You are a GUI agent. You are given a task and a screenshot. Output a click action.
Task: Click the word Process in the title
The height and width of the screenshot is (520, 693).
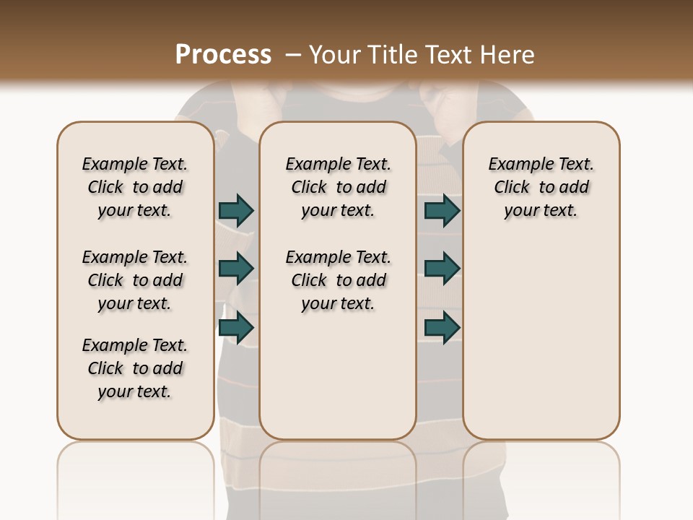223,54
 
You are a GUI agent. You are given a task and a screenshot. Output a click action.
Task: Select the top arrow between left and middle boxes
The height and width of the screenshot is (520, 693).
236,210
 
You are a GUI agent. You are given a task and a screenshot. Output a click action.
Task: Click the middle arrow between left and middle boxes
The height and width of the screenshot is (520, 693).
236,269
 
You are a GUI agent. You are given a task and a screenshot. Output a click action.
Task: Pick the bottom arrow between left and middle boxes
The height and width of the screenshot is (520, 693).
236,328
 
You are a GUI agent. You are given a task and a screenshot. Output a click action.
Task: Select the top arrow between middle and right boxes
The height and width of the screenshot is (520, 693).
442,210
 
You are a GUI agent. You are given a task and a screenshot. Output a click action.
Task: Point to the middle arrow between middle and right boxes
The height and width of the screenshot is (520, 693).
442,269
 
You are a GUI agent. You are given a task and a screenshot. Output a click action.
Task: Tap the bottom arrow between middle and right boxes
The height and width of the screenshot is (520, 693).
442,328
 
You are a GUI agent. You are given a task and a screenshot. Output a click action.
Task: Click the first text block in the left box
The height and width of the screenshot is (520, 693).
135,187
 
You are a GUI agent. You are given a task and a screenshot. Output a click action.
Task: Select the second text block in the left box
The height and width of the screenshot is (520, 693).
135,280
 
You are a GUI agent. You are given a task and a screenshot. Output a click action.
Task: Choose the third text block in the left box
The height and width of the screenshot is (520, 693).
135,368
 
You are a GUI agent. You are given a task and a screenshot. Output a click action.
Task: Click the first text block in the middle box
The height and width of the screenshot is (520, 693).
338,187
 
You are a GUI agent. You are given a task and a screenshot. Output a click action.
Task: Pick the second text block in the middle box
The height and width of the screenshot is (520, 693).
338,280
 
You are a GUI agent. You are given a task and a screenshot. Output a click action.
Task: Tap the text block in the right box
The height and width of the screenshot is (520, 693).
541,187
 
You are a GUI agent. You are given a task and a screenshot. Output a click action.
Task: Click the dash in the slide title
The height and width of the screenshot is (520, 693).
293,54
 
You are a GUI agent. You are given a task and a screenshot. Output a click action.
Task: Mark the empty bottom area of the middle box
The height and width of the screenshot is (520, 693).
338,383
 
